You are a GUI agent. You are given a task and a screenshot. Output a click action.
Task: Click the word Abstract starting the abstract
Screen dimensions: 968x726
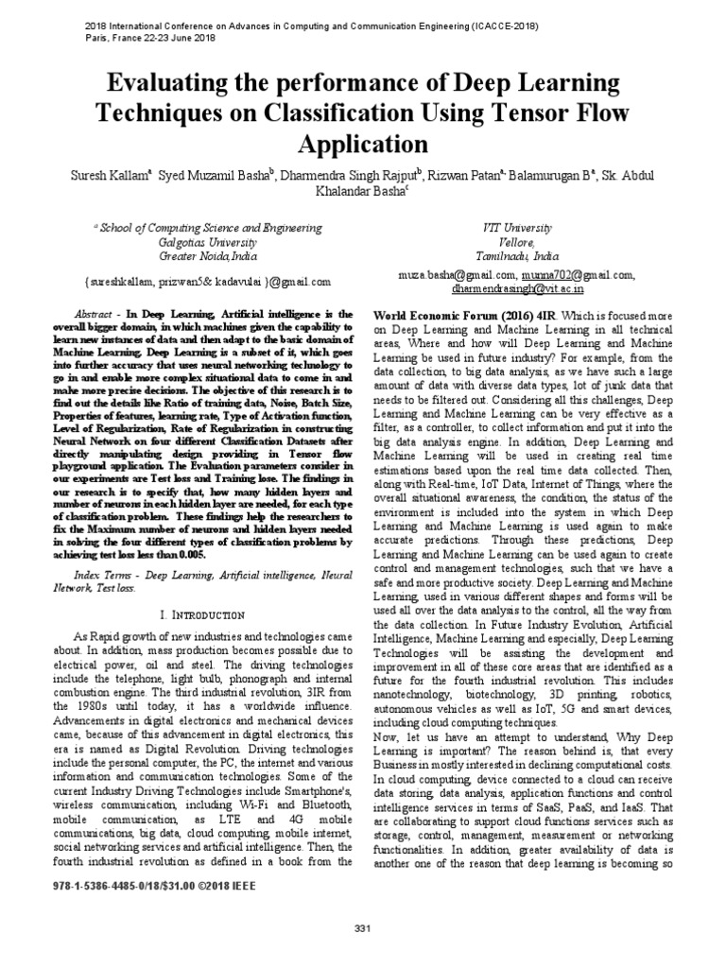point(94,314)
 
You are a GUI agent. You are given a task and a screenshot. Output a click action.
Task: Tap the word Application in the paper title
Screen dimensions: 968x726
point(363,143)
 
